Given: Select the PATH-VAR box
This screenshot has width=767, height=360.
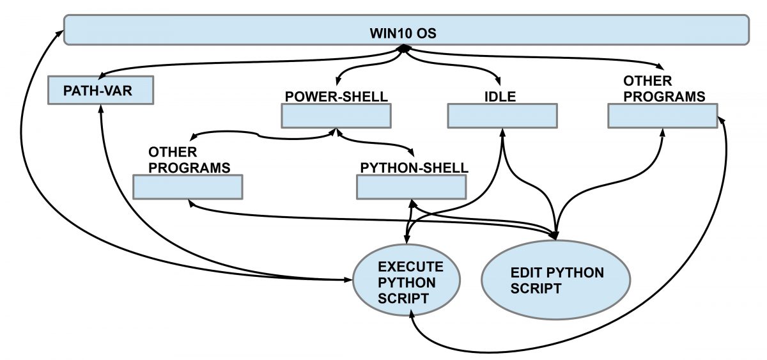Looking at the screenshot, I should [100, 91].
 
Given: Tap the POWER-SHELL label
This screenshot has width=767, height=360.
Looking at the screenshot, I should [336, 97].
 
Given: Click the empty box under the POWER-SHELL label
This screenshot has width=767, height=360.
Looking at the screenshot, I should [336, 116].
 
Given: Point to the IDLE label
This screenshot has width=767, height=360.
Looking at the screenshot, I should [500, 97].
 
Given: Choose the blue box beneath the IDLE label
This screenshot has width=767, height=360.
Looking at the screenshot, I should [502, 116].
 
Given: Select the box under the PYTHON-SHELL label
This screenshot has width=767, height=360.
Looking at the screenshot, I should [410, 187].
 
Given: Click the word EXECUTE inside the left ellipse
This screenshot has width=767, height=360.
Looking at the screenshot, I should [410, 267].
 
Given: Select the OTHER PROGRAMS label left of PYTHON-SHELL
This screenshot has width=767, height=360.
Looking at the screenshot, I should [189, 160].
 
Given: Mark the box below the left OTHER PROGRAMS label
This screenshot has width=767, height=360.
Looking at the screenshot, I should [188, 187].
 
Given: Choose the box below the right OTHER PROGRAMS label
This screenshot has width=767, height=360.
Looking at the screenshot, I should [662, 116].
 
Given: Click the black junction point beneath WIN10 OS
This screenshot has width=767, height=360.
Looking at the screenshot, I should [404, 49].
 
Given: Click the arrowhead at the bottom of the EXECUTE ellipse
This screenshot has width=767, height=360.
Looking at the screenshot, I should [414, 314].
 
